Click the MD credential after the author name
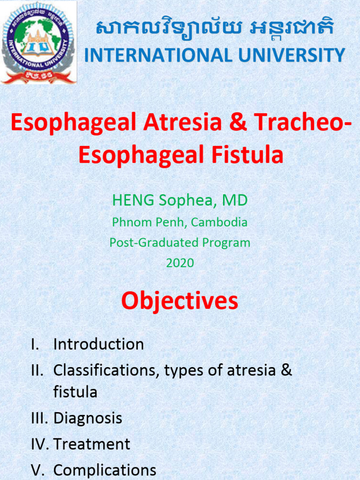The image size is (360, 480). (234, 201)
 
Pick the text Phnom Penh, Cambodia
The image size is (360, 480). (180, 222)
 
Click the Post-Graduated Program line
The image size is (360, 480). (180, 243)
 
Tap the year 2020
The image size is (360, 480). (180, 263)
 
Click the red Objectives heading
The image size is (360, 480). (180, 301)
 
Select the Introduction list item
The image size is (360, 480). (98, 345)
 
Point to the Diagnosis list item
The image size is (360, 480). (88, 418)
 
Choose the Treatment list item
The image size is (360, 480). (92, 444)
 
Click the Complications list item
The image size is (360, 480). (105, 470)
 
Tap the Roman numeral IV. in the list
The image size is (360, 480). (40, 444)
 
